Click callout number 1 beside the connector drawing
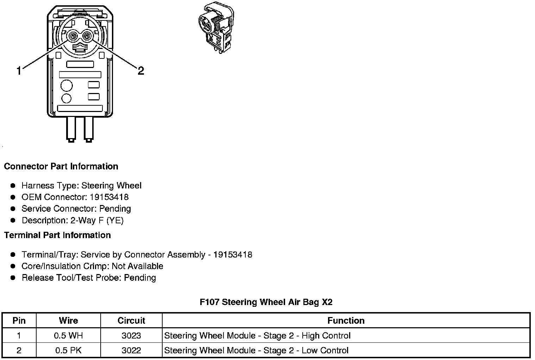pyautogui.click(x=19, y=71)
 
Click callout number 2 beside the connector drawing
pyautogui.click(x=141, y=71)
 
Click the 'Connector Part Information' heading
pyautogui.click(x=61, y=166)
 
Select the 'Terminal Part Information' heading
pyautogui.click(x=57, y=235)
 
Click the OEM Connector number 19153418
pyautogui.click(x=109, y=197)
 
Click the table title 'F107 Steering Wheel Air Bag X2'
pyautogui.click(x=266, y=302)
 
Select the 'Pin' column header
pyautogui.click(x=19, y=321)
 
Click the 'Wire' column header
pyautogui.click(x=68, y=321)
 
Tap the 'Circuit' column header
pyautogui.click(x=131, y=321)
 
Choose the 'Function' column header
pyautogui.click(x=346, y=321)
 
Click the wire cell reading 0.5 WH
pyautogui.click(x=68, y=336)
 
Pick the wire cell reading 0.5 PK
pyautogui.click(x=68, y=350)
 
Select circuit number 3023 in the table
pyautogui.click(x=131, y=336)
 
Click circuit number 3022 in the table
pyautogui.click(x=131, y=350)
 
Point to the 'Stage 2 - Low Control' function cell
pyautogui.click(x=256, y=350)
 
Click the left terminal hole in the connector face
pyautogui.click(x=73, y=36)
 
